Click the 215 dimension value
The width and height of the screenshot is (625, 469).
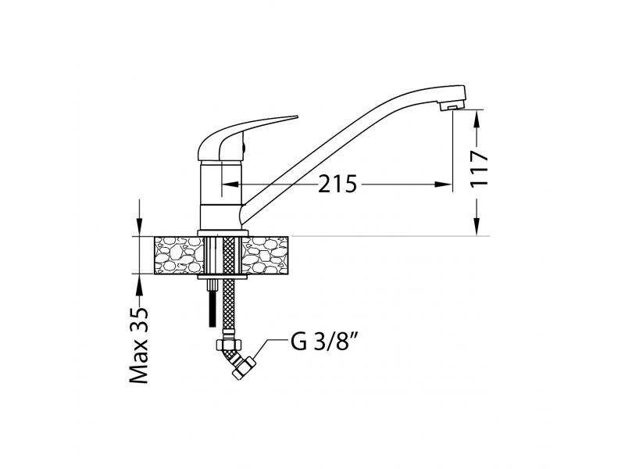[x=337, y=184]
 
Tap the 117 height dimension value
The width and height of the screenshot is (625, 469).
[x=479, y=168]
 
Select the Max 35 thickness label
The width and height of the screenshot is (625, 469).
[x=139, y=345]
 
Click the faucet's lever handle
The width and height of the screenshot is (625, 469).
[x=239, y=138]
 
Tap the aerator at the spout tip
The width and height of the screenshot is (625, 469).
[x=452, y=106]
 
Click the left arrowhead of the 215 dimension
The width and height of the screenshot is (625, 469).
[x=230, y=184]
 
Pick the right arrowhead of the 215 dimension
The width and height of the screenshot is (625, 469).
[x=444, y=184]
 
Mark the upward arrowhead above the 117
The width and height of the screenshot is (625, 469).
[x=477, y=119]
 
